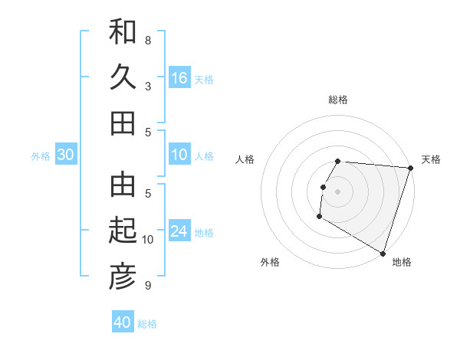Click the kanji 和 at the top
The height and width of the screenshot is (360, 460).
123,33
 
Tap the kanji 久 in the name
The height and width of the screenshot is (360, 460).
123,77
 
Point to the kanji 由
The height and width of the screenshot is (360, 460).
123,184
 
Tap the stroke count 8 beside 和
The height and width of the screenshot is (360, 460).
148,40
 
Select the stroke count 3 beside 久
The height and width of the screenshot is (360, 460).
148,86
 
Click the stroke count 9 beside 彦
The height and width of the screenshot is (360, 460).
148,286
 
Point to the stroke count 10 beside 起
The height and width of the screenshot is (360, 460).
148,240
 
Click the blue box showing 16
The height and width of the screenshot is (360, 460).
179,78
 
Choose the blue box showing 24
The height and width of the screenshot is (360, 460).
179,231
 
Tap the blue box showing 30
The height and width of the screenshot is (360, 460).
65,155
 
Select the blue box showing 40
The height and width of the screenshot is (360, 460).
123,322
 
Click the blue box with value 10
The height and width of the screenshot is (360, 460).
179,155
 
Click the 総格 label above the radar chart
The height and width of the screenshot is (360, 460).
338,100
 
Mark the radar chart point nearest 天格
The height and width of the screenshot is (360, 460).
411,169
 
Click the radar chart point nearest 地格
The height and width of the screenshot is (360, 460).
383,252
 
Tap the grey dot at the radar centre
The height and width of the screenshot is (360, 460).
337,191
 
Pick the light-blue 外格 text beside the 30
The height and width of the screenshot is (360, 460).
41,156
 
